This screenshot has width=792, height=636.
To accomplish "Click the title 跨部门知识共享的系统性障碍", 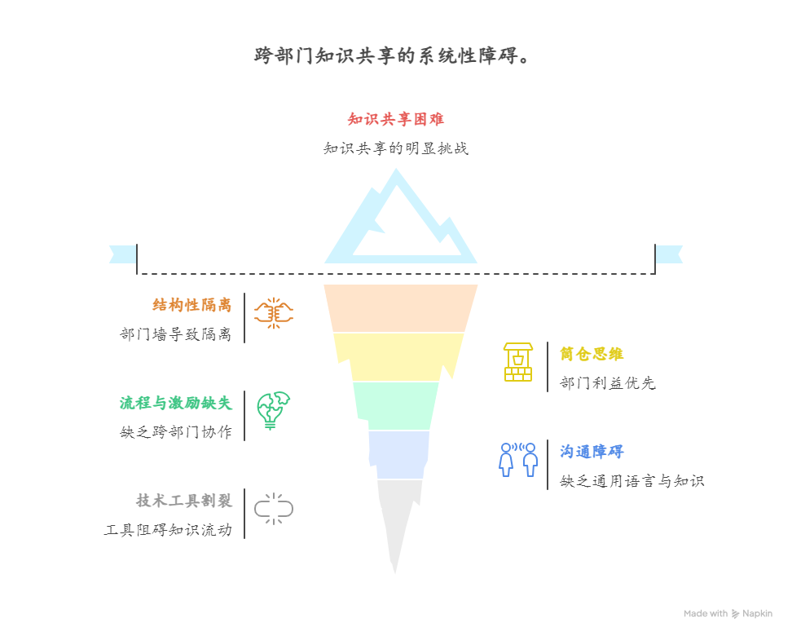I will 394,56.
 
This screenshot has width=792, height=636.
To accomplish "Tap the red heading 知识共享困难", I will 395,120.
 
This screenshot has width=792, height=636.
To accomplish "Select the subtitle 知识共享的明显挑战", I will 395,148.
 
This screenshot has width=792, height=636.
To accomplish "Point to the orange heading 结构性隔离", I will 191,305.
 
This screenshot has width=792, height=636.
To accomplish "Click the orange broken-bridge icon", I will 273,313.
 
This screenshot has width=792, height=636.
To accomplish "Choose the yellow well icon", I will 517,362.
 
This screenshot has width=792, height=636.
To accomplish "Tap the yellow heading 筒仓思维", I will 592,354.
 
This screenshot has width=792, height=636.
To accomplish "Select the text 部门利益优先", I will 608,383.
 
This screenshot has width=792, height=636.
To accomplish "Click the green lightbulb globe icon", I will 273,410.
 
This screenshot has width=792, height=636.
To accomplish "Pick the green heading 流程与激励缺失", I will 175,403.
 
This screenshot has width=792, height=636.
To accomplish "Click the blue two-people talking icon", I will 518,460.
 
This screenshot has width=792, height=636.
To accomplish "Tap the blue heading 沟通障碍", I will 592,452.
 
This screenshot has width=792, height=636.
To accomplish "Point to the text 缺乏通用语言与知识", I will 631,481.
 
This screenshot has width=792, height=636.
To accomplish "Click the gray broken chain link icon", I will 273,508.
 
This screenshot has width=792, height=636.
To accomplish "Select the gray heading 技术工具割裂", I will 183,501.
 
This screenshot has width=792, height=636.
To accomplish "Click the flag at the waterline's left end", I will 122,254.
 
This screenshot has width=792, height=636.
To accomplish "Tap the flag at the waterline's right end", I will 670,254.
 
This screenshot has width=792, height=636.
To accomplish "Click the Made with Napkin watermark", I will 728,613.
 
